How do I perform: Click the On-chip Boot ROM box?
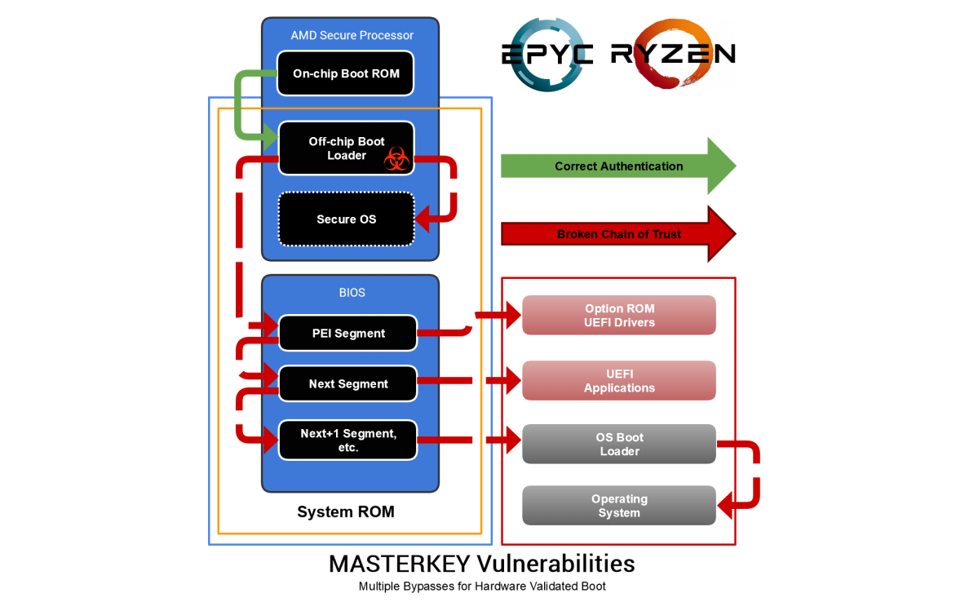[x=345, y=73]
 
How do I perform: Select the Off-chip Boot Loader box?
[x=346, y=148]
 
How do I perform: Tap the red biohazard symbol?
[x=396, y=159]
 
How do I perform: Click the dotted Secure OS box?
[x=346, y=219]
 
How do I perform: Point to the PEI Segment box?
[x=347, y=333]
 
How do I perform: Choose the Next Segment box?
[x=347, y=383]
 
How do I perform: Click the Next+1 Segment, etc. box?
[x=347, y=440]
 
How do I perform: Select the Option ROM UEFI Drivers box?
[x=619, y=315]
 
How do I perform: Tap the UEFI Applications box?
[x=619, y=381]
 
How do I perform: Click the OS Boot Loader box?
[x=619, y=444]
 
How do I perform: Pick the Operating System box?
[x=619, y=506]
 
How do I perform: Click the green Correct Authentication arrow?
[x=617, y=166]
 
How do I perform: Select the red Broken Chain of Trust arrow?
[x=617, y=234]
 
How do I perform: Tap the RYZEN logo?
[x=673, y=54]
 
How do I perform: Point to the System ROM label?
[x=346, y=512]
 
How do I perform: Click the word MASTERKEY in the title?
[x=400, y=564]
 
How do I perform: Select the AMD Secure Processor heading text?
[x=352, y=35]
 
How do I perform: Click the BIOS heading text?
[x=352, y=292]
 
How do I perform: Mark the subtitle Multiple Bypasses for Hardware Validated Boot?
[x=482, y=586]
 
